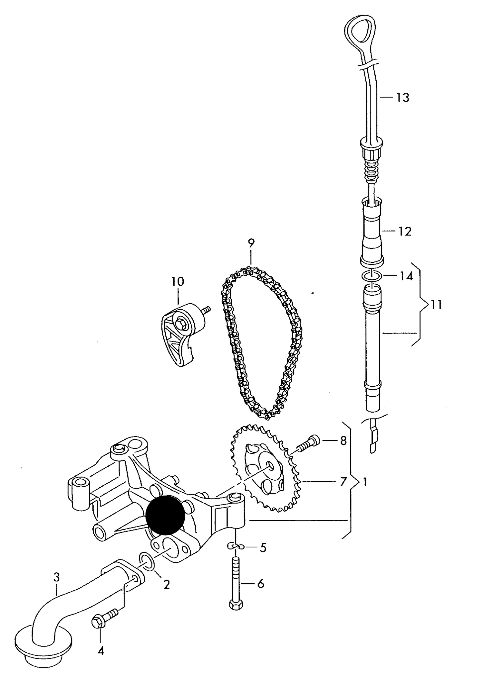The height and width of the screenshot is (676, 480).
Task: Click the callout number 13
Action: tap(402, 98)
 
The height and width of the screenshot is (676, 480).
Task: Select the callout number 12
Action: tap(405, 231)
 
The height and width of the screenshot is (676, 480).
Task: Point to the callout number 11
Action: tap(436, 304)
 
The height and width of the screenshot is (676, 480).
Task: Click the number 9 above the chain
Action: tap(251, 243)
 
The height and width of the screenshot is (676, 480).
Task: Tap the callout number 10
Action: tap(178, 282)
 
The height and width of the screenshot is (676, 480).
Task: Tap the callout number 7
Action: tap(343, 481)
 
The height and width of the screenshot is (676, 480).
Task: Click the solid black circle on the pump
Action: tap(165, 515)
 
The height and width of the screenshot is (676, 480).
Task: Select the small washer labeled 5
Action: tap(236, 546)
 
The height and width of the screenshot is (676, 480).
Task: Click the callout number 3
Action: tap(56, 577)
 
